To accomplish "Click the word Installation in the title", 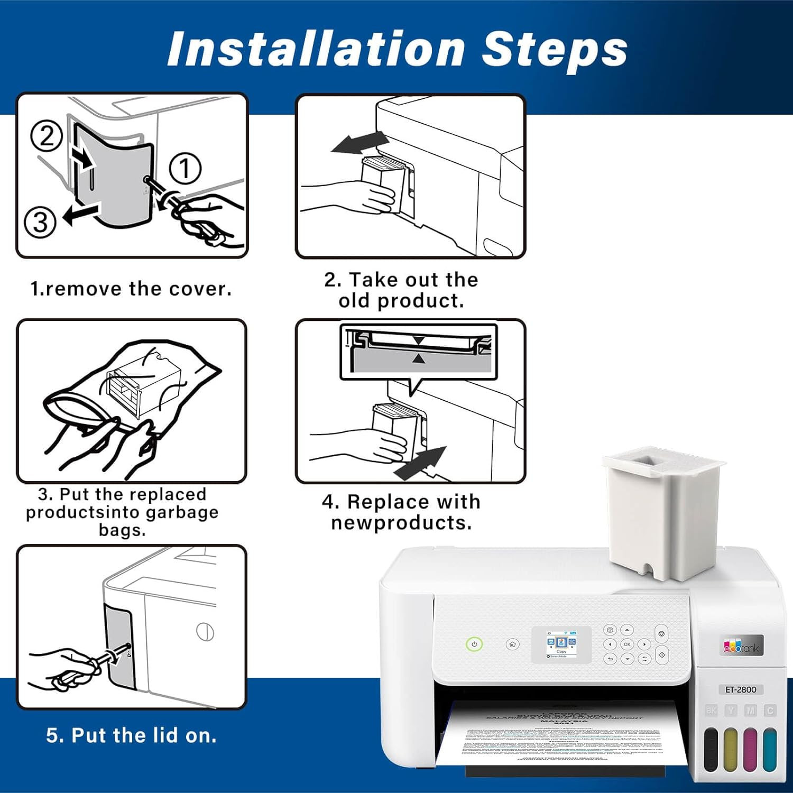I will point(316,49).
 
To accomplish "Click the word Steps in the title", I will point(555,49).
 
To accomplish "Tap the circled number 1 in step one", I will point(185,169).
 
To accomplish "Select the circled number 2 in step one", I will point(47,136).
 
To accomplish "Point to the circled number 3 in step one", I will point(40,222).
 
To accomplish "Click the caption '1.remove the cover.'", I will point(131,289).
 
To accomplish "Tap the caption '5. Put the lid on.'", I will point(131,735).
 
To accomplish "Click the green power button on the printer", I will point(474,644).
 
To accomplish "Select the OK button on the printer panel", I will point(627,644).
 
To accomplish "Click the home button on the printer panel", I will point(512,644).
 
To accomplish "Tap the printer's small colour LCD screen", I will point(561,643).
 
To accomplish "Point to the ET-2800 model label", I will point(741,689).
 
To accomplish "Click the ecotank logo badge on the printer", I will point(742,646).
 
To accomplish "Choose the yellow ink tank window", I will point(731,748).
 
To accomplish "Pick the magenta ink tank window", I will point(750,748).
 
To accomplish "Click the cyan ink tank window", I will point(770,748).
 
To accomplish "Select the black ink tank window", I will point(712,748).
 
